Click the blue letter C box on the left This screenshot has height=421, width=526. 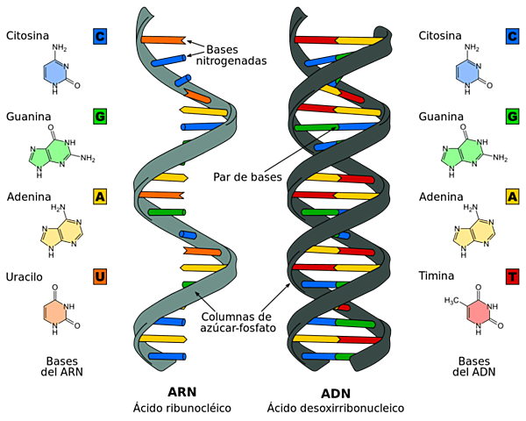(100, 36)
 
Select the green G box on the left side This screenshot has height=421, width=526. (100, 117)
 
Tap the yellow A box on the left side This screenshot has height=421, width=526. (100, 196)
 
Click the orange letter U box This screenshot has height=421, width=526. (100, 277)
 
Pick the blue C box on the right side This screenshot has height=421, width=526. (512, 36)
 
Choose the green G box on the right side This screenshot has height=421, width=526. (512, 117)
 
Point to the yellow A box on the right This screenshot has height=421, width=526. (512, 196)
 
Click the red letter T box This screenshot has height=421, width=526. (512, 277)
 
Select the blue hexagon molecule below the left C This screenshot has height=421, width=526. (55, 73)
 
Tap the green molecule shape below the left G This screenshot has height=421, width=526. (51, 153)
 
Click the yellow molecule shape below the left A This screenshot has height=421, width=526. (61, 233)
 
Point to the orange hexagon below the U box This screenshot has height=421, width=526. (54, 311)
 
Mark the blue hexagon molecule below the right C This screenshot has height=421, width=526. (466, 73)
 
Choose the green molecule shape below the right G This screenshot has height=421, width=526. (462, 153)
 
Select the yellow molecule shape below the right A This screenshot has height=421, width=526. (473, 233)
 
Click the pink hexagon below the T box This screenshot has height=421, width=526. (479, 311)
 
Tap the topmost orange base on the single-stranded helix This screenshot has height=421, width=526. (162, 40)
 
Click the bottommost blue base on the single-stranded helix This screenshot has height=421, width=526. (167, 356)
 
